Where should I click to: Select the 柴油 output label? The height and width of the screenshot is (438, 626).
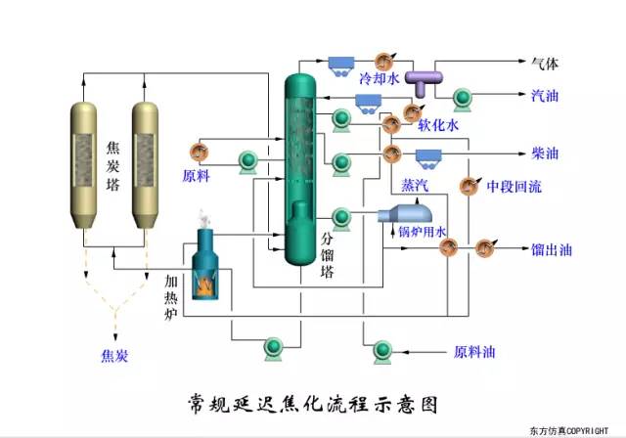coord(545,153)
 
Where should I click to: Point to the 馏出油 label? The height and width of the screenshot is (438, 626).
coord(552,248)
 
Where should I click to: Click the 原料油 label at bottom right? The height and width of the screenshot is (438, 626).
coord(476,350)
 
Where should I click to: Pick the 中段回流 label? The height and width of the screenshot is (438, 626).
coord(514,187)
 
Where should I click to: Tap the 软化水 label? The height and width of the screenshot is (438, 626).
coord(438,125)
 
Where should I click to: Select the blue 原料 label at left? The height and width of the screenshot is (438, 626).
coord(197,176)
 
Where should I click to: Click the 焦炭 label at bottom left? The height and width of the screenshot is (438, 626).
coord(115,355)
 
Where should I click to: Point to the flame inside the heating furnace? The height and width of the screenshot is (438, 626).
coord(208,284)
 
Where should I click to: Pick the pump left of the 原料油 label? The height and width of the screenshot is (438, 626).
coord(381,349)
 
